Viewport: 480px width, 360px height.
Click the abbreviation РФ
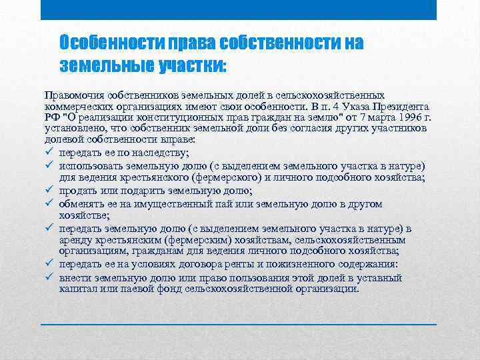(x=52, y=118)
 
